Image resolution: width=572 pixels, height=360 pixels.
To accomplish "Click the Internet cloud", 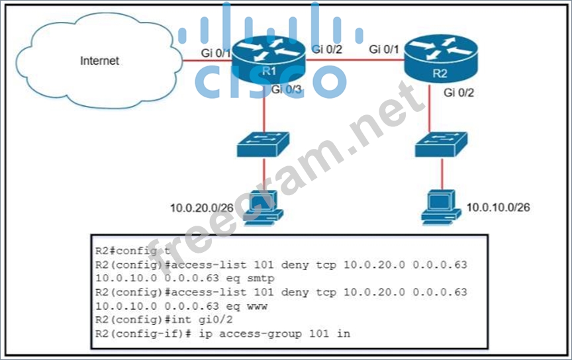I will click(x=99, y=61).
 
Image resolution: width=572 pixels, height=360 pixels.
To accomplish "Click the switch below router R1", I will click(x=263, y=144).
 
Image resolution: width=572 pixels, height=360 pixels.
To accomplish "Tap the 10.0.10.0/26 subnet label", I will click(x=498, y=207).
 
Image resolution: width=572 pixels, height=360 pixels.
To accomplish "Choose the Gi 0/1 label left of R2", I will click(x=385, y=49).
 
